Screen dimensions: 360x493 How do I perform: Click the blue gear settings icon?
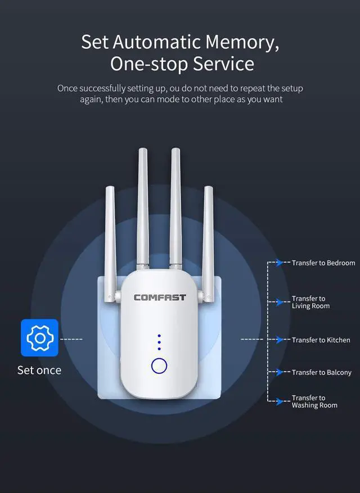(39, 338)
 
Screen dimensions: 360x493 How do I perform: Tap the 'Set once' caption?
(39, 370)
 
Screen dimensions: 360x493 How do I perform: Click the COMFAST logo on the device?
(159, 297)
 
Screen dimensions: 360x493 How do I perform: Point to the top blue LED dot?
(159, 336)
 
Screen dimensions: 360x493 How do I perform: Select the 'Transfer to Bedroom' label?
(323, 263)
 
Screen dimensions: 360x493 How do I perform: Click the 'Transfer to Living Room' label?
(310, 302)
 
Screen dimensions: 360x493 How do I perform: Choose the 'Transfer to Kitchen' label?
(321, 340)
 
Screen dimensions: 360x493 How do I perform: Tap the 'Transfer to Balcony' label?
(321, 372)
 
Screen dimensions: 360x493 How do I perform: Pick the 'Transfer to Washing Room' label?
(314, 401)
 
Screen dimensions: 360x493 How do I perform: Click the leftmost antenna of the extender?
(110, 242)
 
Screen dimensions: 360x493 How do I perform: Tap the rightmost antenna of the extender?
(208, 242)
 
